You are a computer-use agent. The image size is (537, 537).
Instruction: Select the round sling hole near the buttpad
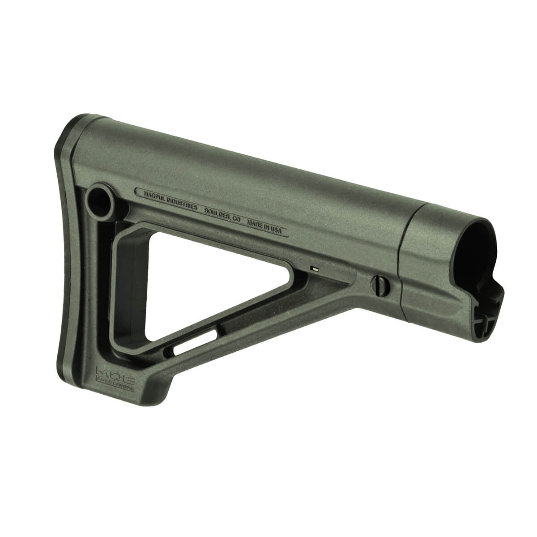click(99, 200)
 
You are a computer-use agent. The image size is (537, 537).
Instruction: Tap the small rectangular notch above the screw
click(315, 269)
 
